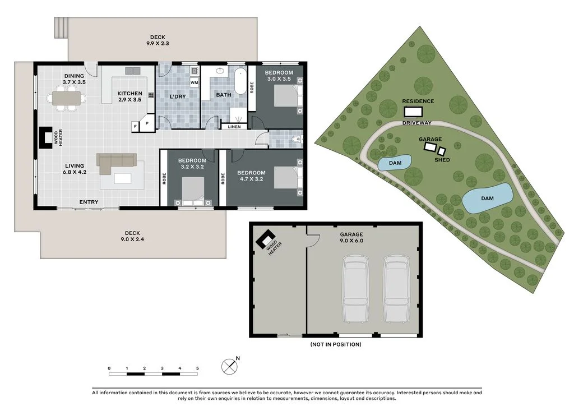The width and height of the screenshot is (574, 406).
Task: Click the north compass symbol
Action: point(229,366)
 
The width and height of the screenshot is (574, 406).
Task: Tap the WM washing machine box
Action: point(194,83)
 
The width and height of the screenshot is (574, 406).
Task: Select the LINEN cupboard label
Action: point(234,127)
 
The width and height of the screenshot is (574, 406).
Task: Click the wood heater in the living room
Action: point(46,137)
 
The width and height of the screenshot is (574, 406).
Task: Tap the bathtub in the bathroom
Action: point(240,81)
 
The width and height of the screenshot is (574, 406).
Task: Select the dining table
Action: point(66,98)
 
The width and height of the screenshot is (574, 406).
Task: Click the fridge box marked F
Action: point(135,126)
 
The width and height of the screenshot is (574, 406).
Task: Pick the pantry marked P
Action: point(147,123)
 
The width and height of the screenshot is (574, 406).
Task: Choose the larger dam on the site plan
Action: point(487,199)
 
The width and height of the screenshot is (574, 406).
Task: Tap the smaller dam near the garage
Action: point(395,163)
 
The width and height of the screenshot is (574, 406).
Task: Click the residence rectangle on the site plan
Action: point(413,112)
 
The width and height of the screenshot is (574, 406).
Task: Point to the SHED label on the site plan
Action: point(442,160)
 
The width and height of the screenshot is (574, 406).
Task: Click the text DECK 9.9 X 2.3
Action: point(158,40)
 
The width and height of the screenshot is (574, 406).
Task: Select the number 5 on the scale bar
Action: point(197,368)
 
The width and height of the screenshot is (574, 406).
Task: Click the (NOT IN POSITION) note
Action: point(336,344)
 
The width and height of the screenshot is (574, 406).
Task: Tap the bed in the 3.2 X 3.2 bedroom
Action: point(193,191)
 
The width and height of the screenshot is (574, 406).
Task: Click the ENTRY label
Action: point(89,202)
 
